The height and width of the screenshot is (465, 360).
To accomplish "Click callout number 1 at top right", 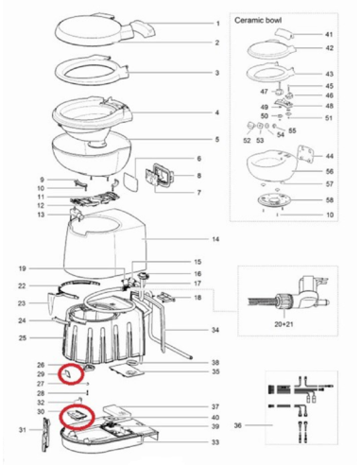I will click(216, 22).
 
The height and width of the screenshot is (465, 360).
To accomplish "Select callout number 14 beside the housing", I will click(216, 240).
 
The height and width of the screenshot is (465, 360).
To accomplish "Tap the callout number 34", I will click(216, 330).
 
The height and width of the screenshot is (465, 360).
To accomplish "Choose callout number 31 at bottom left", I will click(22, 430).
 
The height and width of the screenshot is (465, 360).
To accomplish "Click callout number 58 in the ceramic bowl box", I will click(329, 201).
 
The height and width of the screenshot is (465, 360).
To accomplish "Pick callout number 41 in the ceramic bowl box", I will click(329, 33).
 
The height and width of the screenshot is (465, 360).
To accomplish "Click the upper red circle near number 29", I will click(71, 375).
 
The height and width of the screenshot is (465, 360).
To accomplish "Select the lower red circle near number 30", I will click(73, 415).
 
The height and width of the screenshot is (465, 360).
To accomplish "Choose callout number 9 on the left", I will click(43, 180).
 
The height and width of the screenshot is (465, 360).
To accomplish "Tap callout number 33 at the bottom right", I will click(216, 442).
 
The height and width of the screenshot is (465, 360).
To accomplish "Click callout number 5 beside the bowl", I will click(216, 140).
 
